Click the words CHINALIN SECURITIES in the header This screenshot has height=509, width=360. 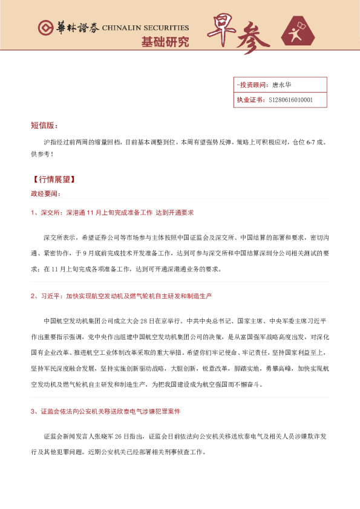click(145, 28)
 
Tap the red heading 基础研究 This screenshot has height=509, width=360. click(165, 42)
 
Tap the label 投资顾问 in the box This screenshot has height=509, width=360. click(251, 85)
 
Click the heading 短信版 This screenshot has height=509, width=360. click(44, 126)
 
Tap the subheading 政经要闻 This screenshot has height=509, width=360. click(46, 193)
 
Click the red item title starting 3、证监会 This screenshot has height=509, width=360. click(105, 411)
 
